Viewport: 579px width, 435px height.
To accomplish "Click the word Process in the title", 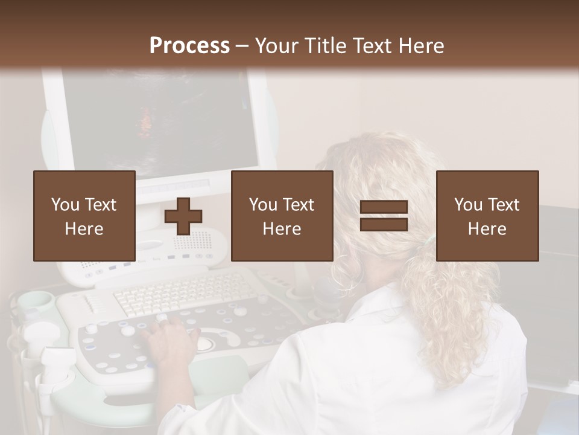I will (189, 46).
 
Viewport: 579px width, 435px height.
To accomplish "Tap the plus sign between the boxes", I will (183, 216).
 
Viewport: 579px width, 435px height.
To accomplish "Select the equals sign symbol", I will (384, 216).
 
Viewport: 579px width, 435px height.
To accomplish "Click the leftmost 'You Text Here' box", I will (84, 216).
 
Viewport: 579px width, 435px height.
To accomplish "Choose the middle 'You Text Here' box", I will (282, 216).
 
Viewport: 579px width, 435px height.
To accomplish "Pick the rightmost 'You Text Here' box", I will (487, 216).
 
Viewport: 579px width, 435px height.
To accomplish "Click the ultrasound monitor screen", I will (160, 121).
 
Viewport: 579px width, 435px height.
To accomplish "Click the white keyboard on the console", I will (181, 293).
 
